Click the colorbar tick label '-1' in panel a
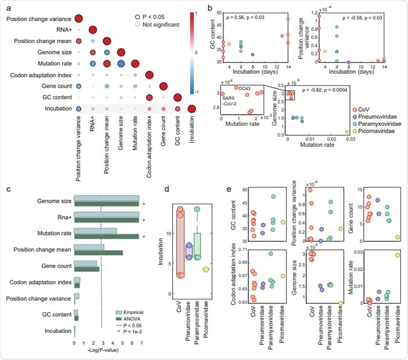point(195,108)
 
